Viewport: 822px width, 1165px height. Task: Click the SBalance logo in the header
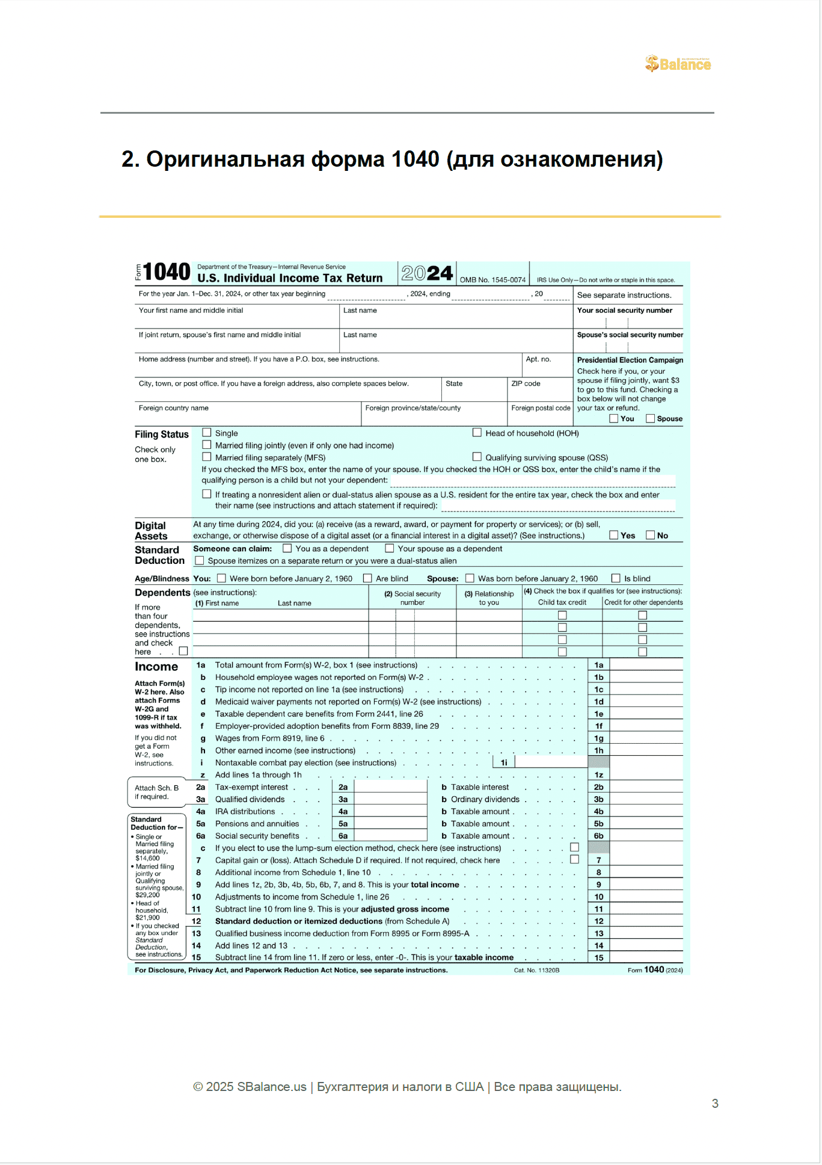click(x=678, y=64)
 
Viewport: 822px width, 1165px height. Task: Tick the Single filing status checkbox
click(x=207, y=433)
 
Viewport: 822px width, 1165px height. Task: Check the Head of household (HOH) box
click(x=477, y=433)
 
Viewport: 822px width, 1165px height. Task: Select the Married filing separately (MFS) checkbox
click(x=207, y=457)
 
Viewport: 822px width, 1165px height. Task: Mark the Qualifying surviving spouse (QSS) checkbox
click(x=477, y=457)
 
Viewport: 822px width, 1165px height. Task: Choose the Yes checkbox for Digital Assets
click(x=614, y=535)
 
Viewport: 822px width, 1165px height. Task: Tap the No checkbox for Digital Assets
click(x=650, y=535)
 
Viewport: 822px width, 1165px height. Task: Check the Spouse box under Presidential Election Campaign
click(x=650, y=418)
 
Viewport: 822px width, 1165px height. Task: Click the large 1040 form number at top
click(x=167, y=272)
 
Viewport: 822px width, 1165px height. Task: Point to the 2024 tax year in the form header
click(x=427, y=274)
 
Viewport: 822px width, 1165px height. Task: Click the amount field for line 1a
click(x=646, y=665)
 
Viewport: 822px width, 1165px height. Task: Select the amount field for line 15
click(x=646, y=957)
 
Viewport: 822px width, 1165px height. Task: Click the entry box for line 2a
click(x=390, y=787)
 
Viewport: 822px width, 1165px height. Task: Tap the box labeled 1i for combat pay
click(x=504, y=762)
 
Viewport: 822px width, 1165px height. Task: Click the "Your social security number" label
click(x=625, y=311)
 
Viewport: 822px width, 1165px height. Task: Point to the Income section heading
click(x=156, y=667)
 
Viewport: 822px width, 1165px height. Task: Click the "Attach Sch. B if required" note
click(x=156, y=792)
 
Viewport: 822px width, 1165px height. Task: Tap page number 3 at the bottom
click(x=715, y=1104)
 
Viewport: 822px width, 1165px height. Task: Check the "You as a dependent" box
click(x=287, y=548)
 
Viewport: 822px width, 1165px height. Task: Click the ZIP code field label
click(x=526, y=383)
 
